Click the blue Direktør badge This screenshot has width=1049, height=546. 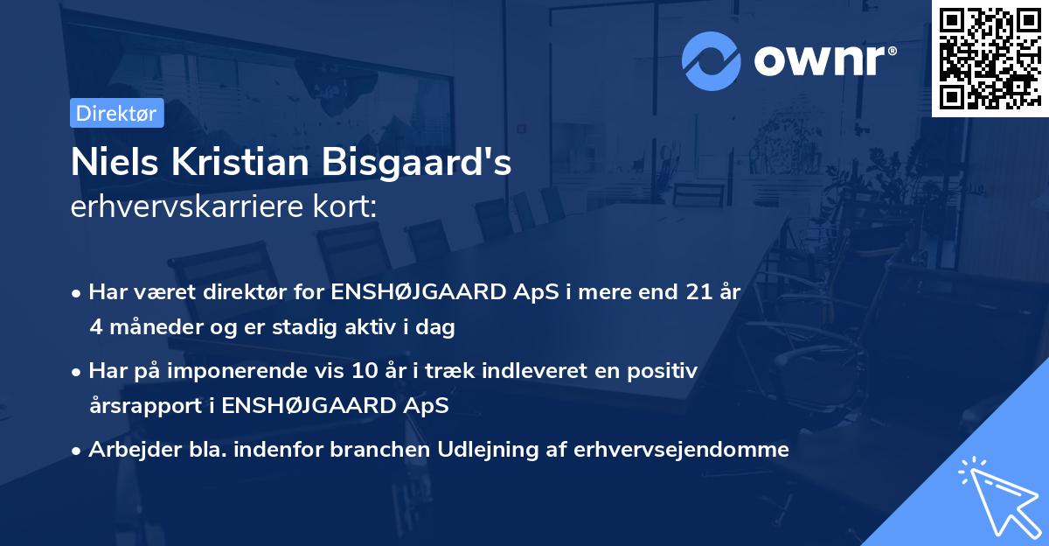(x=116, y=113)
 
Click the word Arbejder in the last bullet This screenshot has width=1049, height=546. (x=127, y=450)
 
